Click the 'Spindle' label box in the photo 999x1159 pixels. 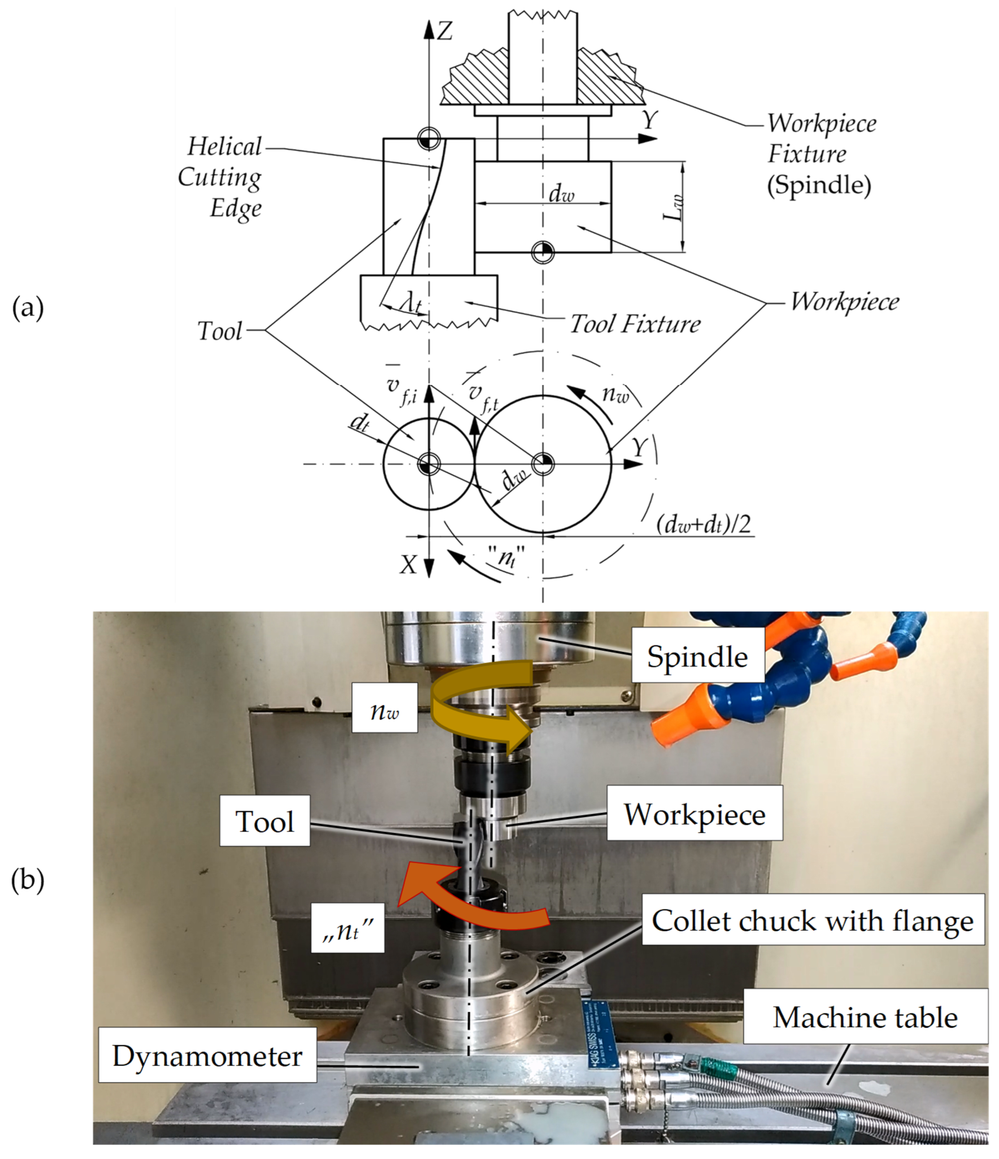[697, 657]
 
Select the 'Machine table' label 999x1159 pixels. [865, 1017]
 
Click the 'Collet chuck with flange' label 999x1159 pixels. [812, 921]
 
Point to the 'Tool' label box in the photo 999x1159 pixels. [264, 822]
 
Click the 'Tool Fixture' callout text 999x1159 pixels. [634, 324]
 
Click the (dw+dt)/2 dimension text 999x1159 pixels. [703, 525]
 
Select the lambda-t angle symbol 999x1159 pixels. [411, 304]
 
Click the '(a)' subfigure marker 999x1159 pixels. [27, 308]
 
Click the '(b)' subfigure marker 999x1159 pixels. [27, 880]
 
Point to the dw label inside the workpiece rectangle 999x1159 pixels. [561, 194]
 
